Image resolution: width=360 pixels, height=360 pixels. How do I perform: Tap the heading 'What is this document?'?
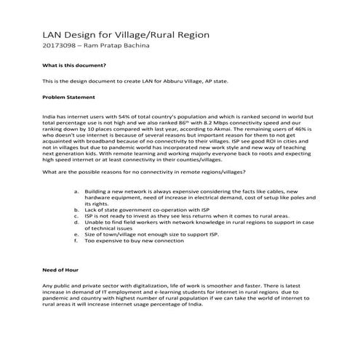pos(73,67)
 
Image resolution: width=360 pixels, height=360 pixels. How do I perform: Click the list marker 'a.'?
pos(77,190)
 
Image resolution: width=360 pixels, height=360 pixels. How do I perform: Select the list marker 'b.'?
pos(77,209)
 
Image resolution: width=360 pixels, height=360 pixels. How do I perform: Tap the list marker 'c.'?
pos(77,216)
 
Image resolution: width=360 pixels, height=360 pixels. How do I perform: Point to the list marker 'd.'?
pos(77,223)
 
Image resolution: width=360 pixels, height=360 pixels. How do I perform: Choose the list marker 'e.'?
pos(77,235)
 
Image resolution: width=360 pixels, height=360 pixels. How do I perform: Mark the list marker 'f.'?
pos(77,241)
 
